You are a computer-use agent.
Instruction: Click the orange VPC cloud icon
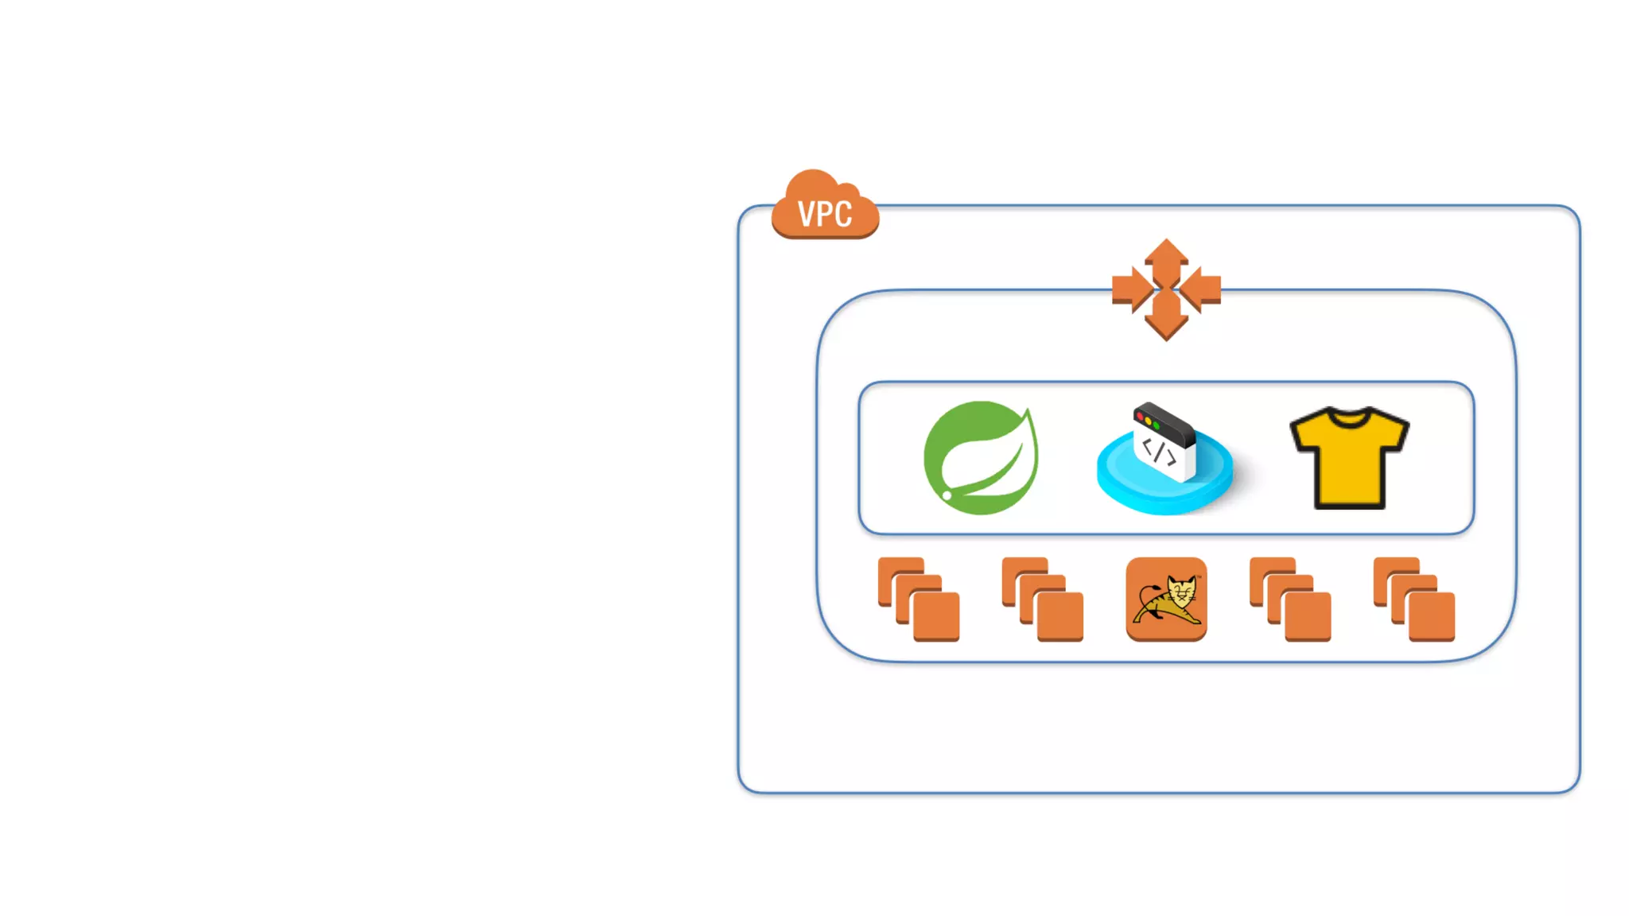pos(825,205)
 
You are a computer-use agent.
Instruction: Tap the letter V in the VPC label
pos(806,215)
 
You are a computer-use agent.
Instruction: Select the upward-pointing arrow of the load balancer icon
pos(1166,258)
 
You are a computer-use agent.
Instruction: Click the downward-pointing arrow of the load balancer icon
pos(1166,320)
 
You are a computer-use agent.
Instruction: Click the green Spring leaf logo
pos(981,458)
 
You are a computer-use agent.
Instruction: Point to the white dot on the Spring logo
pos(947,495)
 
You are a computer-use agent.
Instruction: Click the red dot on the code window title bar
pos(1140,416)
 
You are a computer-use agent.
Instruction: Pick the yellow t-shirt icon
pos(1349,459)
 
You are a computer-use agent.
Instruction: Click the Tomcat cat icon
pos(1166,599)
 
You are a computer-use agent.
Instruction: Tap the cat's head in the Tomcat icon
pos(1183,591)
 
